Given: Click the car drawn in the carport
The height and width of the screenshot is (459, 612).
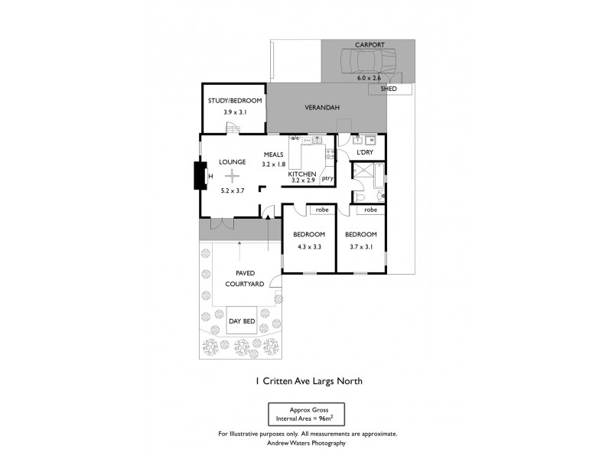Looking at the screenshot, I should pos(369,59).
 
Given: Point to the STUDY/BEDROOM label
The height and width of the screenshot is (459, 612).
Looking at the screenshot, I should pos(235,101).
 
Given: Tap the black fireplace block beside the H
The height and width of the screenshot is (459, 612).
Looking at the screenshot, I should pos(200,176).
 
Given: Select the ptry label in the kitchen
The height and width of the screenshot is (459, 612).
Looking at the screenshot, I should pos(327,179).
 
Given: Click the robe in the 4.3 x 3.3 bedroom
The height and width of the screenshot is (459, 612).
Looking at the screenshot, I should pos(318,210).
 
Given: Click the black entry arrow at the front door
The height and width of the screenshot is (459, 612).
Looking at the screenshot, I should pos(269,218).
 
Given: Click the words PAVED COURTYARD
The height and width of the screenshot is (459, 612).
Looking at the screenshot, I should pos(245,278).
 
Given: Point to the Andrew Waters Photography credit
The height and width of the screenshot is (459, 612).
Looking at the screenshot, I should pos(306,442).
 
